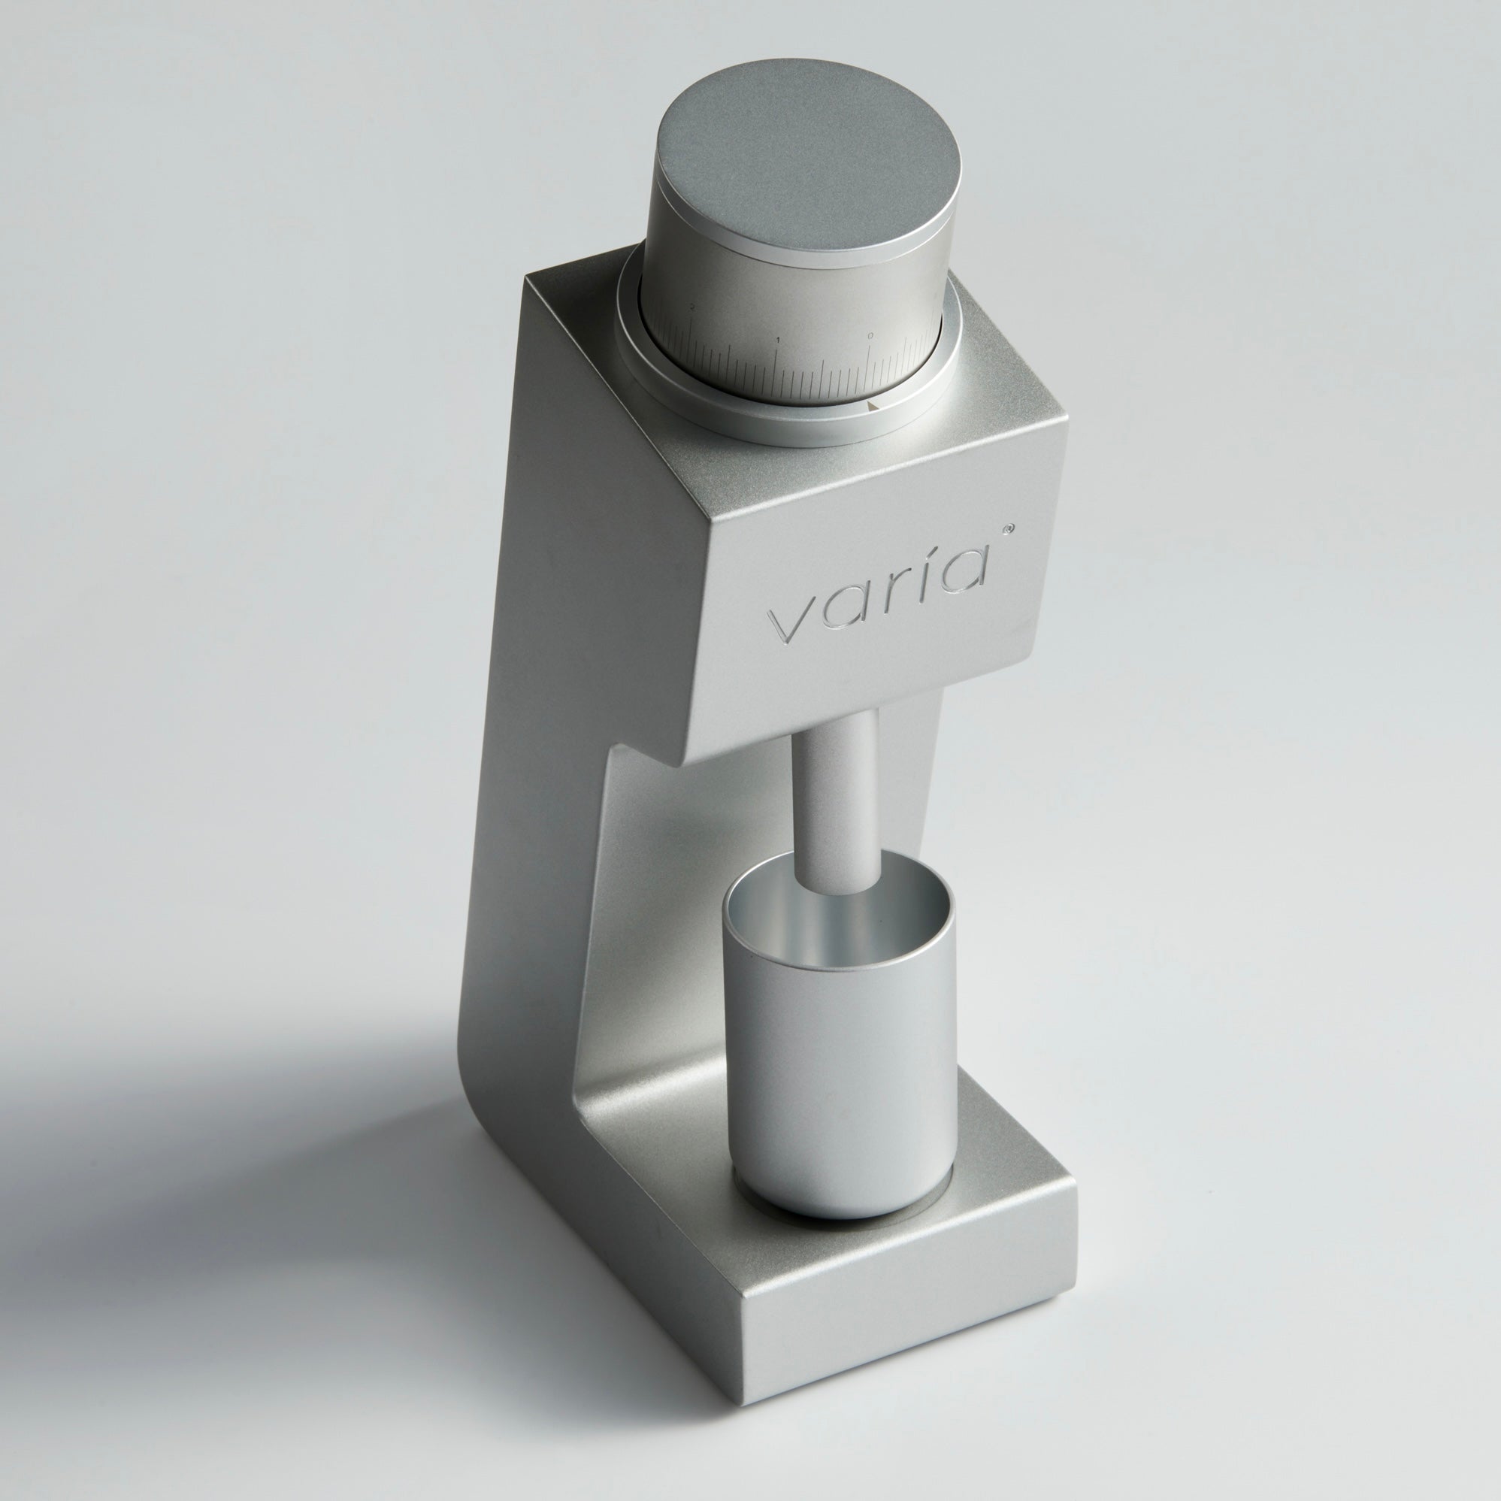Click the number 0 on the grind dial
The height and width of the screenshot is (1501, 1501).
870,336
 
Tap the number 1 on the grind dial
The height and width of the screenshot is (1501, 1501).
778,340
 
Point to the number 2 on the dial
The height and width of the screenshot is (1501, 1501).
691,307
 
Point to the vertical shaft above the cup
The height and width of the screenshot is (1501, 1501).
840,800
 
